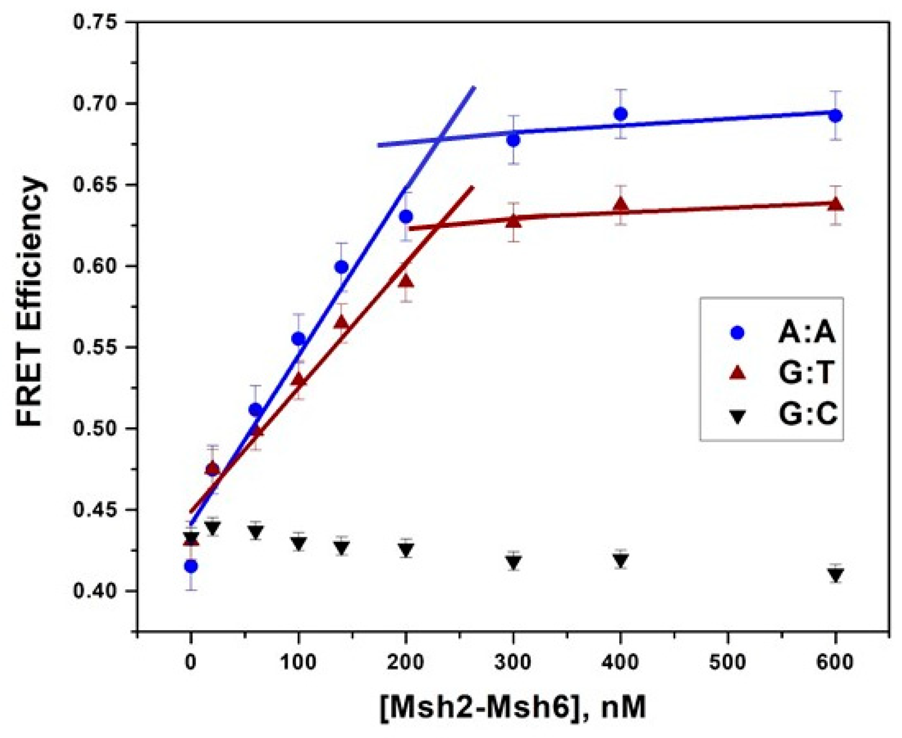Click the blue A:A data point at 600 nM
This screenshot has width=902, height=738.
click(x=835, y=116)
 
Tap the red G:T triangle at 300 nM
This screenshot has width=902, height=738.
click(x=513, y=221)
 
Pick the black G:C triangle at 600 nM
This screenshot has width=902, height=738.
click(x=835, y=575)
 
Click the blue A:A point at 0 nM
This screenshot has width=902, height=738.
click(x=191, y=566)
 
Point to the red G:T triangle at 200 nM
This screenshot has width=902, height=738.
click(x=406, y=281)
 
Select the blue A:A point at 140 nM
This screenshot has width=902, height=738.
click(x=341, y=267)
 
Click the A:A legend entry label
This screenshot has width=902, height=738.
click(x=806, y=332)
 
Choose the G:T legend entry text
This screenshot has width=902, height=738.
click(x=806, y=373)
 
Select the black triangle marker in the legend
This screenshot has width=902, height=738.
click(x=737, y=416)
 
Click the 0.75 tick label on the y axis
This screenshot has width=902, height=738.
click(x=95, y=22)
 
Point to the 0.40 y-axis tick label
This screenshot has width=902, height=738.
click(x=95, y=591)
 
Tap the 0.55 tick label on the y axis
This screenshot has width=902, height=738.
click(x=95, y=347)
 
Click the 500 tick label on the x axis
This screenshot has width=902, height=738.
click(x=727, y=662)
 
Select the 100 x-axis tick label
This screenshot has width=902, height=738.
click(x=298, y=662)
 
